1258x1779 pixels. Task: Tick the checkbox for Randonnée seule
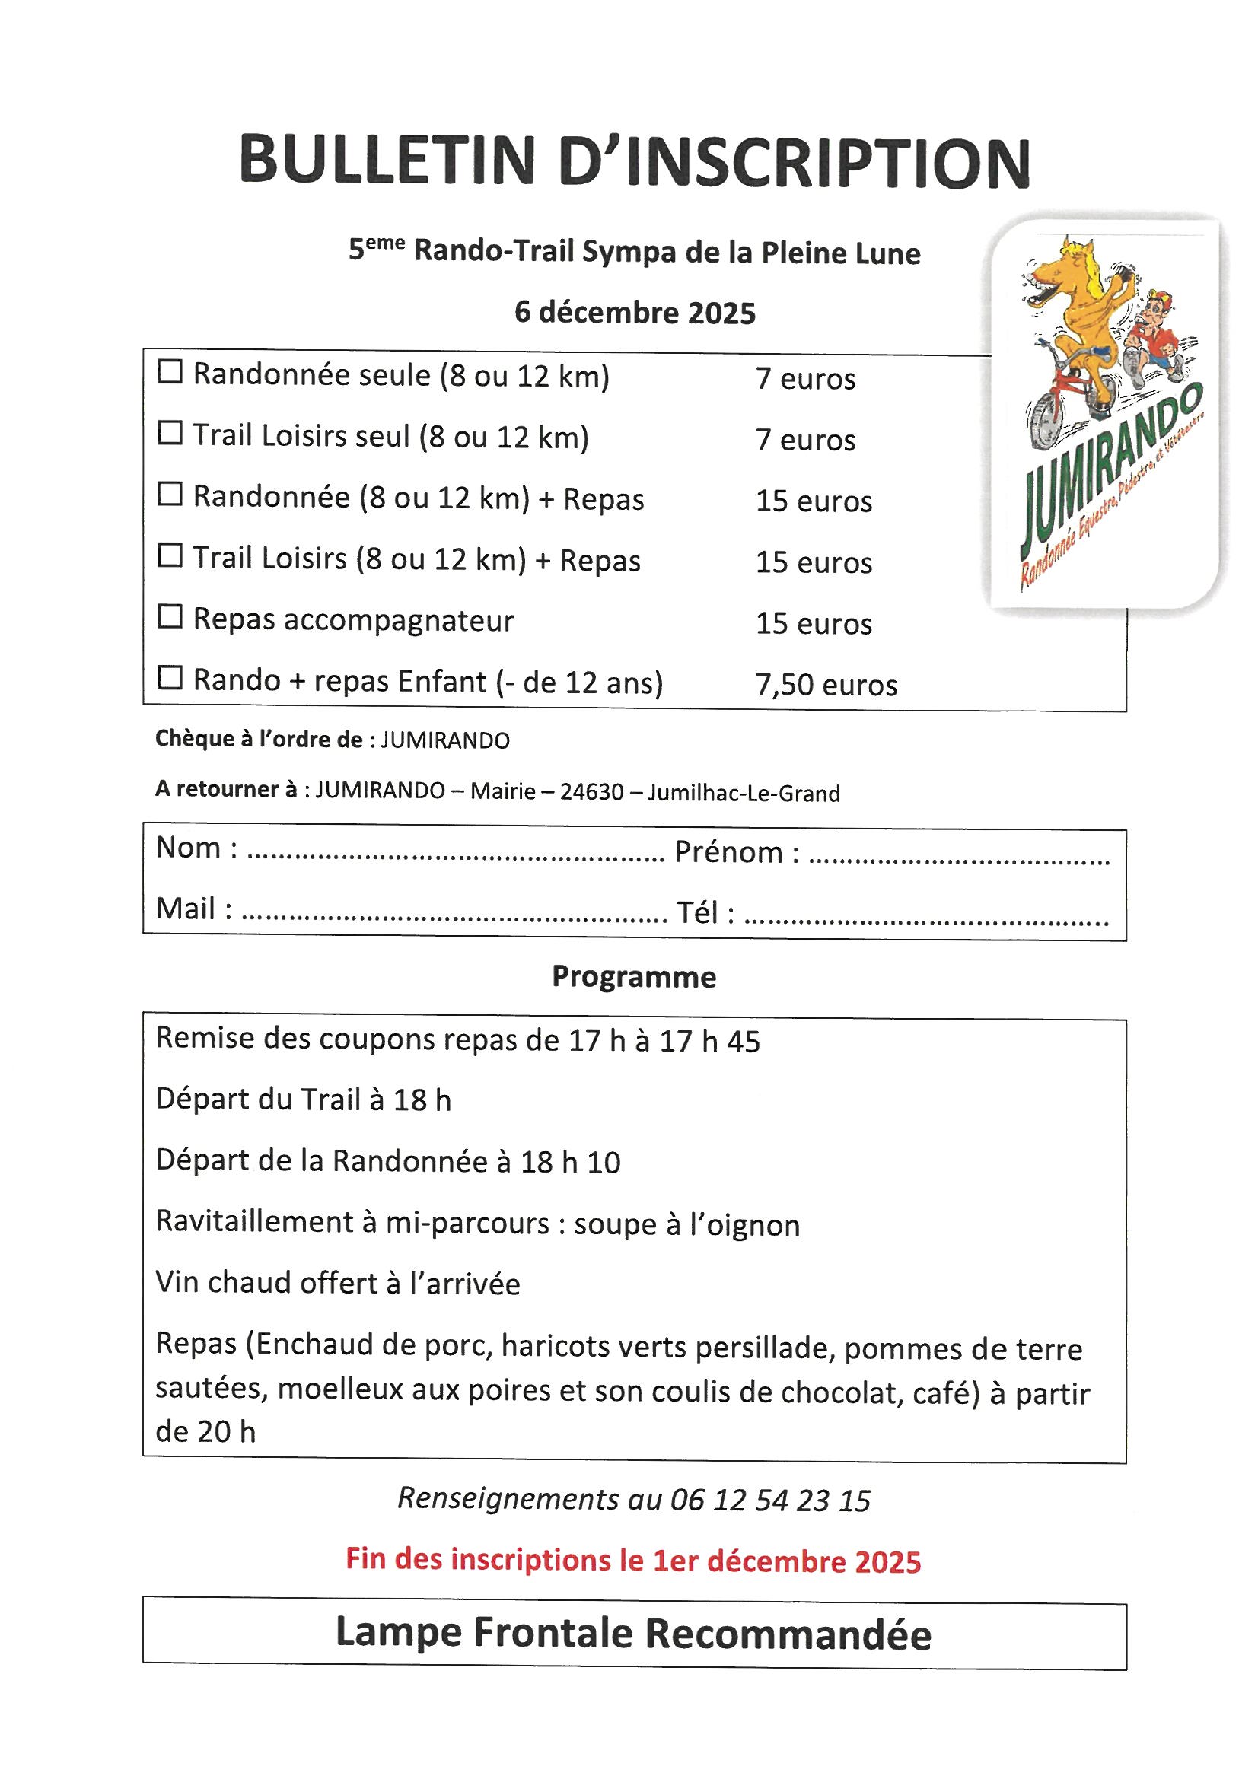[x=170, y=373]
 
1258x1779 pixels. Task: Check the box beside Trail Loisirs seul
[x=170, y=433]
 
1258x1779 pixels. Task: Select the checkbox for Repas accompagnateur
[x=170, y=617]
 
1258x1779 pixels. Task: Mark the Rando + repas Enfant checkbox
[x=170, y=678]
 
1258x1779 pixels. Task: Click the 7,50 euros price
[x=826, y=685]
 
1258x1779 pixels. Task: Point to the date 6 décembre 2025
[x=635, y=313]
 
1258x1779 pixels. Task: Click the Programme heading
[x=633, y=977]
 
